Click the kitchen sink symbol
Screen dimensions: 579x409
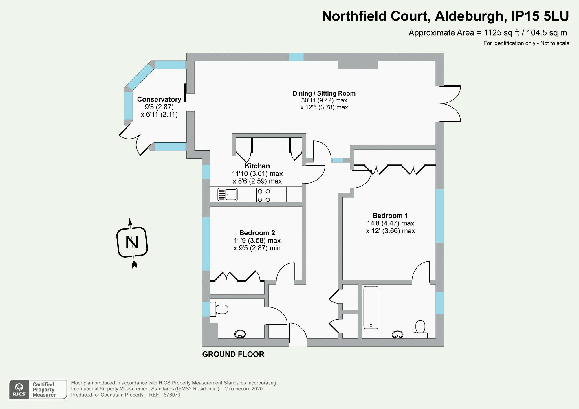tap(228, 195)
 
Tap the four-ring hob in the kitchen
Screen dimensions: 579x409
tap(264, 195)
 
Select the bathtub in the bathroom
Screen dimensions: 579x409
tap(371, 307)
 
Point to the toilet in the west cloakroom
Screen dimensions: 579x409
tap(219, 309)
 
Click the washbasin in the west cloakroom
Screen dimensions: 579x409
tap(240, 334)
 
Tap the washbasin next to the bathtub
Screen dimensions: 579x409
tap(397, 335)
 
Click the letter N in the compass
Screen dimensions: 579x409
tap(132, 242)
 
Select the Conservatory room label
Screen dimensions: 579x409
tap(159, 100)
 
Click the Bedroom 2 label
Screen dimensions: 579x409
tap(257, 233)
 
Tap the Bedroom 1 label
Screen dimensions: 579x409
tap(390, 216)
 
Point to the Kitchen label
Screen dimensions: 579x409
tap(257, 166)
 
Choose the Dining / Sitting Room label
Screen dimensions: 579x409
tap(324, 93)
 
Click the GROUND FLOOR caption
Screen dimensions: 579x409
tap(233, 354)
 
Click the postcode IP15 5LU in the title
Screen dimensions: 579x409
tap(540, 16)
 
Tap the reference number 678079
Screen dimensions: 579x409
tap(172, 395)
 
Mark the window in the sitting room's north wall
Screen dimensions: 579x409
tap(296, 57)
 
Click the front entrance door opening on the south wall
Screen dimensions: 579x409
tap(298, 343)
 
